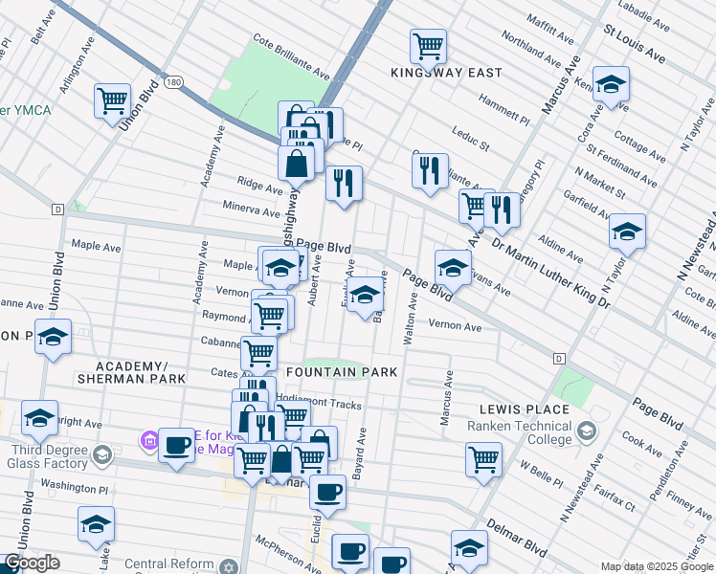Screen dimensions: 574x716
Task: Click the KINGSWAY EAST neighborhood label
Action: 439,73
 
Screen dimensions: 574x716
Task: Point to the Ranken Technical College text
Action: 529,432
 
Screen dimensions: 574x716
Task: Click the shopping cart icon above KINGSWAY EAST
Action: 428,45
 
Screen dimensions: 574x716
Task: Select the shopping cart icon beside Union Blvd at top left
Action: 112,100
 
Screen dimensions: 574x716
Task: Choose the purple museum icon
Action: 148,441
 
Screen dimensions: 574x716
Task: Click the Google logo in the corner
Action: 32,563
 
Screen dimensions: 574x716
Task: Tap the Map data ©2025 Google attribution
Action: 656,566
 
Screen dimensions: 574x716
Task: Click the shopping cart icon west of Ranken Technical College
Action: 484,459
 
